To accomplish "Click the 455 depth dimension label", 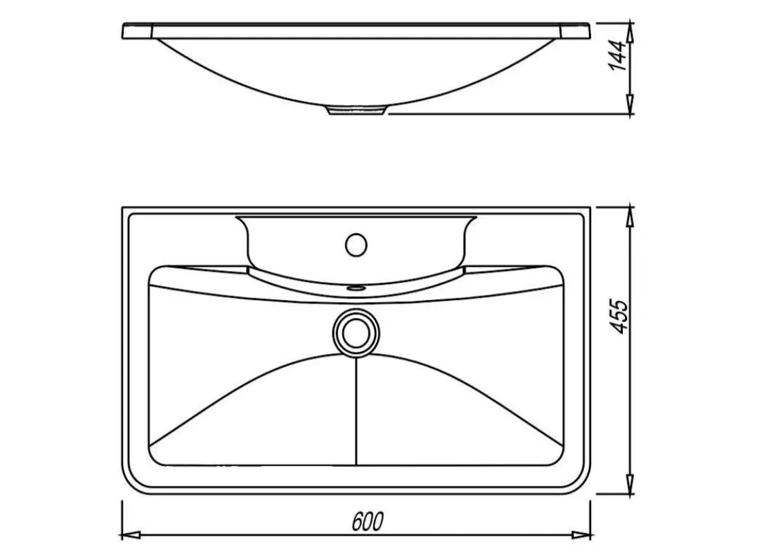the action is pos(619,317).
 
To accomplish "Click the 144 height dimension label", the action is pos(618,57).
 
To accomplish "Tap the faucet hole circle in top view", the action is pos(356,245).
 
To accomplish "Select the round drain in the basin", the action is pos(356,332).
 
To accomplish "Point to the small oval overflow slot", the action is pos(356,288).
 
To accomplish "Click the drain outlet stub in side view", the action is pos(356,110).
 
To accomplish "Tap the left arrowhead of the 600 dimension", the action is pos(130,535).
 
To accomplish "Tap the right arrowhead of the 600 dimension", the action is pos(581,535).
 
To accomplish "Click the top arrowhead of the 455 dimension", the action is pos(630,218).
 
